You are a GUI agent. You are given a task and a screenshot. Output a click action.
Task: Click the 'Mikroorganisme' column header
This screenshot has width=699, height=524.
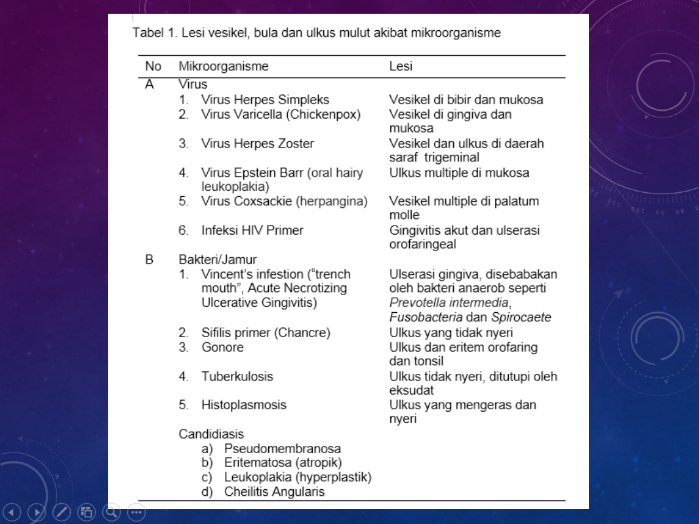(x=223, y=66)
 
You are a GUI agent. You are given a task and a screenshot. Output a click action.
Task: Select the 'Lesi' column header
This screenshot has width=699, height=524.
(x=400, y=66)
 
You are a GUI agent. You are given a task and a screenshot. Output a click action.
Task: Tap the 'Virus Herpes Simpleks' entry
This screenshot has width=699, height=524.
(x=265, y=100)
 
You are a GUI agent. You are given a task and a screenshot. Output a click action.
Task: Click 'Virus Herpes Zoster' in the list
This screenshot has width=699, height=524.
(x=257, y=143)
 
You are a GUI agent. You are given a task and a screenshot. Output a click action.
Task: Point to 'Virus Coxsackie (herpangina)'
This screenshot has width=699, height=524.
(x=284, y=201)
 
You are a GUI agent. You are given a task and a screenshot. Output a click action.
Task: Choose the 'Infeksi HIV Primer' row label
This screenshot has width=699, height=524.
(x=252, y=230)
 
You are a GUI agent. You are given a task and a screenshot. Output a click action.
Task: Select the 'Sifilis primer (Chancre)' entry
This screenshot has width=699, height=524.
(x=266, y=333)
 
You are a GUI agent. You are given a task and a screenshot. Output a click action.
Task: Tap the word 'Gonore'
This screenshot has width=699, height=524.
(x=222, y=347)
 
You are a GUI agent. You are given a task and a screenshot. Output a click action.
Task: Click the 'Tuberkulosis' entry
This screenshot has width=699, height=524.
(x=237, y=376)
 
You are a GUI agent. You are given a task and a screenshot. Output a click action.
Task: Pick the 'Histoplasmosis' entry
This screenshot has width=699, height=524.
(x=243, y=405)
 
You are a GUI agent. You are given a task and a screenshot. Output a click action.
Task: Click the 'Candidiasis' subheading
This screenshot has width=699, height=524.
(x=211, y=433)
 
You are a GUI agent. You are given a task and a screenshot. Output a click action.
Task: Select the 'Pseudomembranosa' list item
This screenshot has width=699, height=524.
(x=282, y=449)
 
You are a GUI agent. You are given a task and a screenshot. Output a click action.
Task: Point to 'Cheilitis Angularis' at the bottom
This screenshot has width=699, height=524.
(x=274, y=491)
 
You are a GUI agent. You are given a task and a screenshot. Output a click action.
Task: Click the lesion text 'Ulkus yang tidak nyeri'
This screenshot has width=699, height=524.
(x=450, y=333)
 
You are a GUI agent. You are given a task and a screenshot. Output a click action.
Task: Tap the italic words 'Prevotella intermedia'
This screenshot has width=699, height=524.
(x=449, y=302)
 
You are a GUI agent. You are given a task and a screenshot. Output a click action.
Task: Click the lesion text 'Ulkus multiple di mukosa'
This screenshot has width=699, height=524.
(x=459, y=172)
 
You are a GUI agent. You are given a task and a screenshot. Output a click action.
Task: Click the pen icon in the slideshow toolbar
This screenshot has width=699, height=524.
(x=62, y=512)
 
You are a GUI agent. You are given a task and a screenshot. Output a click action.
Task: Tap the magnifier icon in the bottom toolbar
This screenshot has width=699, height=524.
(x=111, y=512)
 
